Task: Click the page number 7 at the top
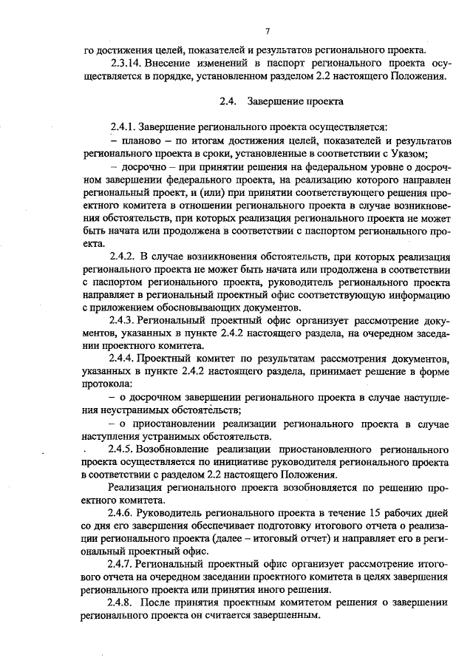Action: pyautogui.click(x=268, y=30)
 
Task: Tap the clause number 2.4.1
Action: pyautogui.click(x=122, y=126)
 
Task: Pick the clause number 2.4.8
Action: pyautogui.click(x=122, y=603)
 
